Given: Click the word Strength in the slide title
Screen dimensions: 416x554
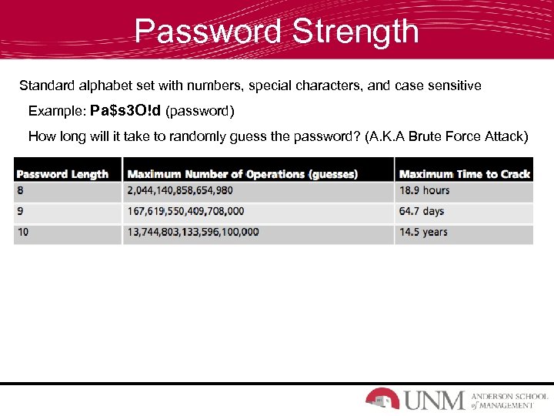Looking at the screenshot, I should coord(355,32).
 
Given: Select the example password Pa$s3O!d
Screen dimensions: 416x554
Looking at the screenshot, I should coord(125,111).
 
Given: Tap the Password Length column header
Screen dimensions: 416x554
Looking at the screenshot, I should coord(62,174).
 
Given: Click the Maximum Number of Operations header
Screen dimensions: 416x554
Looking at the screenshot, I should coord(242,174).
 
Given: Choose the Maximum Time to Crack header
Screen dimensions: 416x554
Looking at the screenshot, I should coord(465,174).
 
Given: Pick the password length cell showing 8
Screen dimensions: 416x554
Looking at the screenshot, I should coord(22,190).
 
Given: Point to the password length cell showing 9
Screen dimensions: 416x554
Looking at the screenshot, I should coord(22,211).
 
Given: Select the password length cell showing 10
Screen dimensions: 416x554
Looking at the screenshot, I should coord(23,232).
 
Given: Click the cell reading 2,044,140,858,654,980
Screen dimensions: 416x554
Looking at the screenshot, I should coord(180,190).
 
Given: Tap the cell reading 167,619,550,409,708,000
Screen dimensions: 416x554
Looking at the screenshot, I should coord(185,211).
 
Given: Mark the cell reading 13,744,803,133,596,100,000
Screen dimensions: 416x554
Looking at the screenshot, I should coord(192,232).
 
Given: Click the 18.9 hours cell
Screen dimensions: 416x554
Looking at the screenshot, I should coord(424,190).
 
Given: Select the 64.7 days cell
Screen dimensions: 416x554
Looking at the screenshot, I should coord(422,211).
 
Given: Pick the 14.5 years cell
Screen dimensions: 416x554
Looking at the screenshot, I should coord(423,232).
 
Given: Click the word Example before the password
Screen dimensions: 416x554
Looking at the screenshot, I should coord(56,111).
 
